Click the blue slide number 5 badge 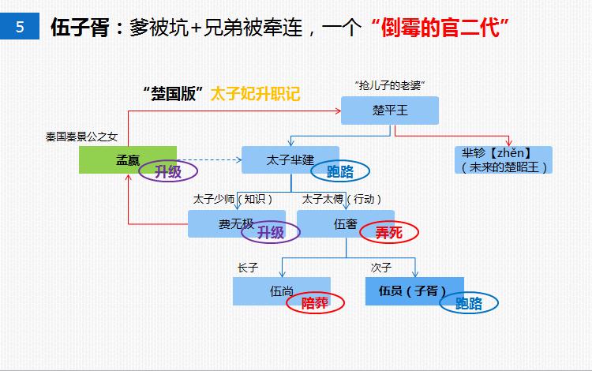coord(20,27)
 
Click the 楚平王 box coord(389,111)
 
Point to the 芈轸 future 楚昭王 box coord(504,159)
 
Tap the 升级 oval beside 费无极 coord(271,232)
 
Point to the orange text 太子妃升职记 coord(255,93)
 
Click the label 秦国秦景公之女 coord(81,137)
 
